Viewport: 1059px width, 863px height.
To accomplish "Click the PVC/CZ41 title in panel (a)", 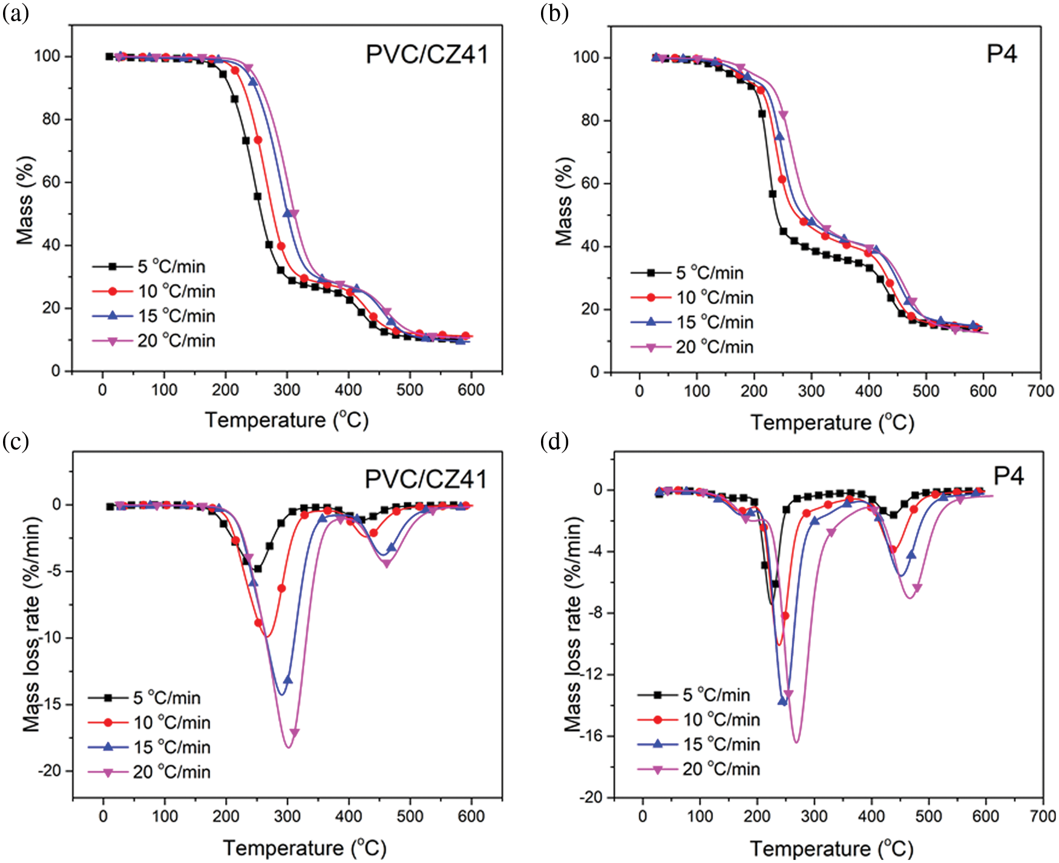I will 427,54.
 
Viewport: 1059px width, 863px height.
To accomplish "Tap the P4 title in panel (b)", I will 1002,54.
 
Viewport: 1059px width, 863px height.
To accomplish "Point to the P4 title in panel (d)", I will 1008,476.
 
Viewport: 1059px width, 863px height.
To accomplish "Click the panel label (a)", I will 15,13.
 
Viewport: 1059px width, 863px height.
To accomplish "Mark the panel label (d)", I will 554,441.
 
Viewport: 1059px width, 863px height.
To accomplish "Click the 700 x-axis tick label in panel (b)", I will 1040,391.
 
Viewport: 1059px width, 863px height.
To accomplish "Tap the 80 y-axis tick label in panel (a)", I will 51,119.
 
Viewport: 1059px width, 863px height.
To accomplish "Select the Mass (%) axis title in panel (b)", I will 564,202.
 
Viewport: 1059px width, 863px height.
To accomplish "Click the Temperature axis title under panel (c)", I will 304,848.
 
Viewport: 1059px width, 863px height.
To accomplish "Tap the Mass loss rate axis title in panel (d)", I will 572,623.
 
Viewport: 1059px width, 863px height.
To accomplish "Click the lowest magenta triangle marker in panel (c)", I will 295,733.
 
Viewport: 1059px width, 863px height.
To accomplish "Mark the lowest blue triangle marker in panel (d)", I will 782,701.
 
